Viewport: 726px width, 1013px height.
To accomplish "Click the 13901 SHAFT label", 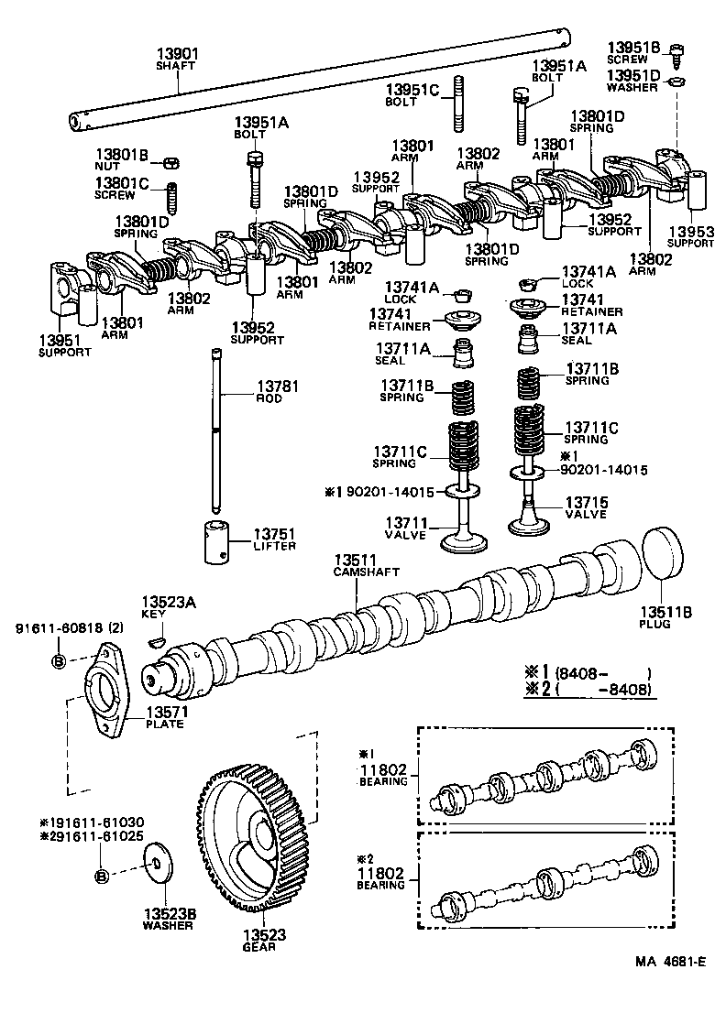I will click(x=177, y=60).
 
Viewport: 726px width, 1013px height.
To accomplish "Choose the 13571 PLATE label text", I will click(x=164, y=718).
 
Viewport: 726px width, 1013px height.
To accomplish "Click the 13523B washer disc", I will click(x=160, y=864).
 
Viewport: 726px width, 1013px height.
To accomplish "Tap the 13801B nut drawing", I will click(x=170, y=163).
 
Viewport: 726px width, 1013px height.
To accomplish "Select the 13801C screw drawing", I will click(x=170, y=197).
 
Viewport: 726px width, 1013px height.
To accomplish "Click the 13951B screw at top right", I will click(x=676, y=54).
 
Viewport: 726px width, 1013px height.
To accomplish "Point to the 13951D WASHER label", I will click(x=632, y=82).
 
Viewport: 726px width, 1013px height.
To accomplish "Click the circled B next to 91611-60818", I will click(x=58, y=661).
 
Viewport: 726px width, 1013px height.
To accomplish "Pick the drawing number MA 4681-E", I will click(x=670, y=962).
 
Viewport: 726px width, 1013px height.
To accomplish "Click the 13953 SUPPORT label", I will click(x=690, y=237).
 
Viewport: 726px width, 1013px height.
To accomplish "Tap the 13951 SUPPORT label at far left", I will click(x=64, y=345).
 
